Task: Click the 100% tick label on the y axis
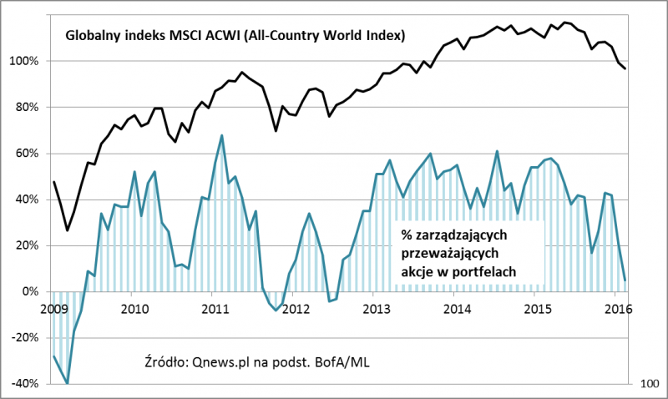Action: click(x=25, y=61)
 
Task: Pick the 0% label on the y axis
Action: click(x=31, y=291)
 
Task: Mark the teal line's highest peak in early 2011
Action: click(x=221, y=135)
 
